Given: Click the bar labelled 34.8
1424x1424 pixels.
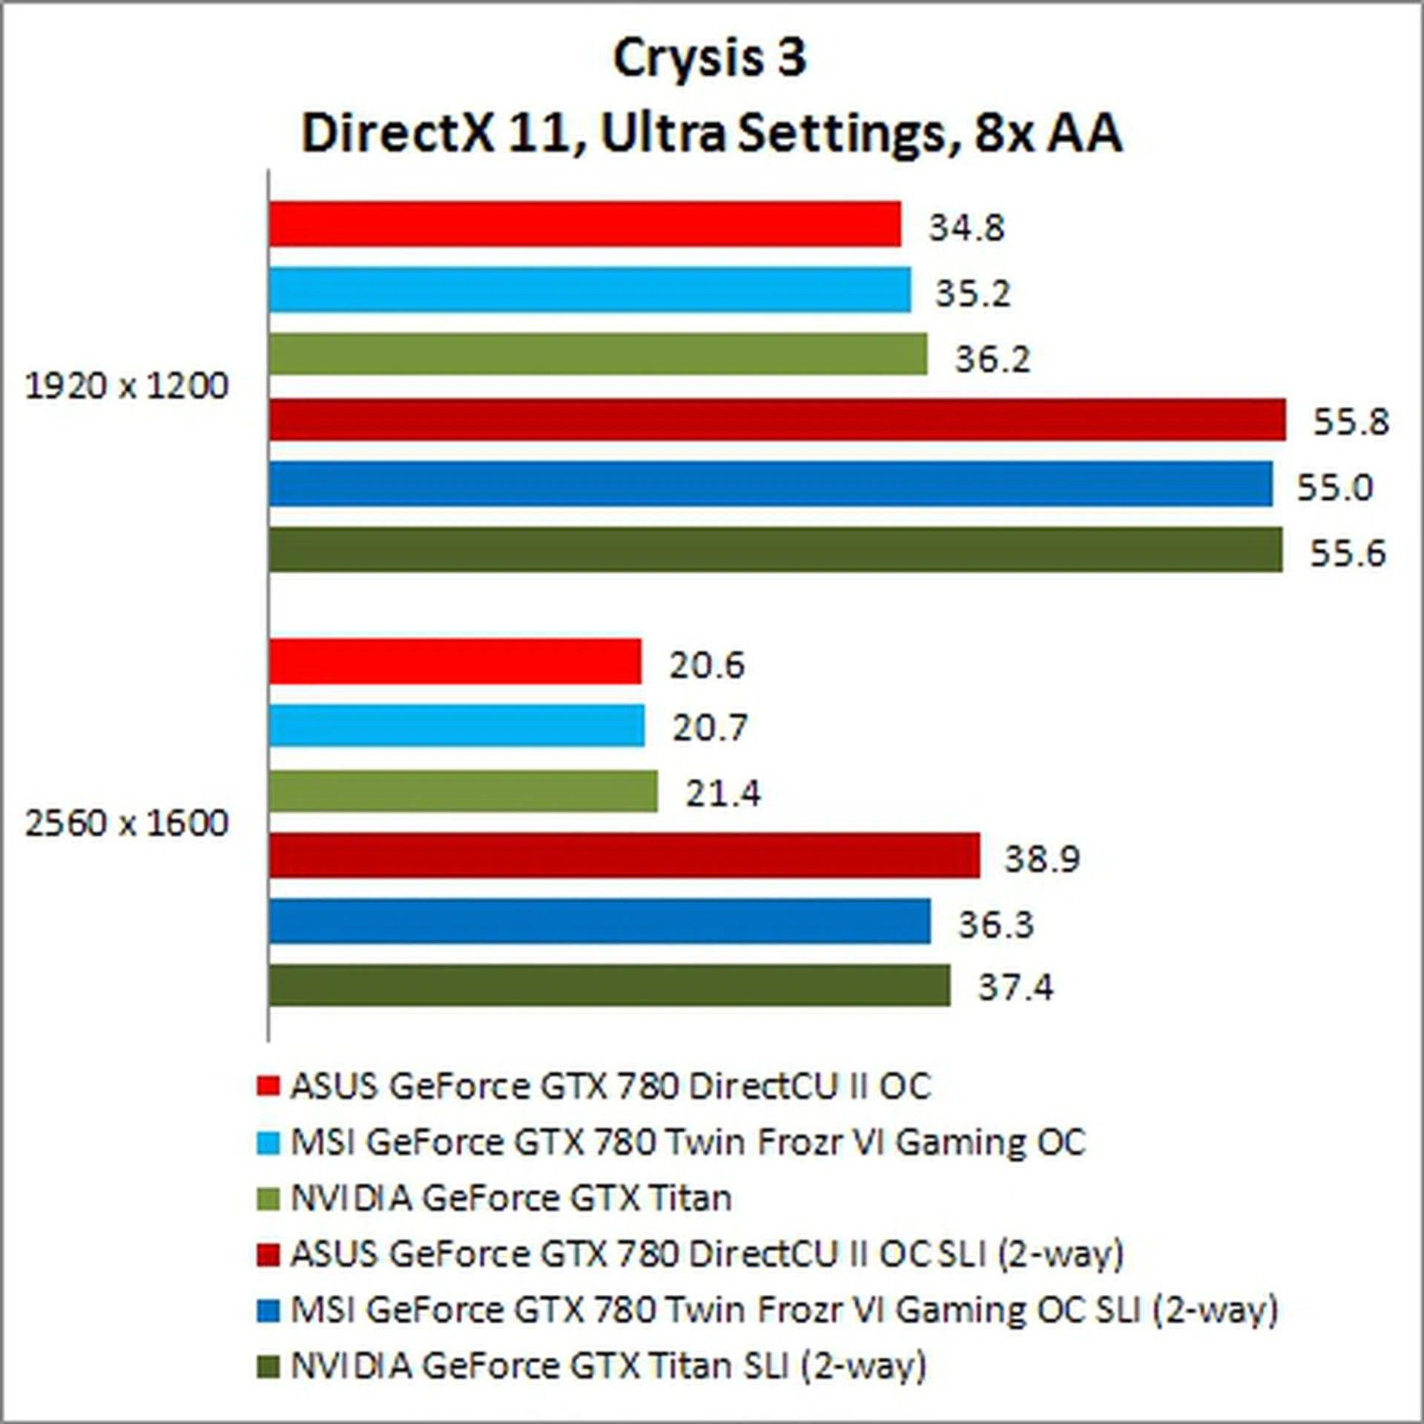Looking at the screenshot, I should click(584, 224).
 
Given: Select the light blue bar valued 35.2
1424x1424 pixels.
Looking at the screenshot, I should click(590, 290).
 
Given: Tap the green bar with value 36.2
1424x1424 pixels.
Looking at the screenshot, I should click(598, 355).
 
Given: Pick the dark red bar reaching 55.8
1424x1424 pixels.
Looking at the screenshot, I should click(777, 420).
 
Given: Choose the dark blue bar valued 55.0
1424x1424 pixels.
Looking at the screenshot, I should click(771, 484).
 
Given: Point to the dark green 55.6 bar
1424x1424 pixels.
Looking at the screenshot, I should click(775, 550).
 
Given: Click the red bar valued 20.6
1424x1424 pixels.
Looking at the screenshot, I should click(455, 662).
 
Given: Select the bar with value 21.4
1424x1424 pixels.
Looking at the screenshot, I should click(463, 791).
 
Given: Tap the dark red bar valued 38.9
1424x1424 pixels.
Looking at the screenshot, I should click(624, 856).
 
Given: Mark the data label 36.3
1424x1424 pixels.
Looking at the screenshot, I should click(995, 925).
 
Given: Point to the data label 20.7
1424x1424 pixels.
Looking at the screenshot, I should click(709, 728).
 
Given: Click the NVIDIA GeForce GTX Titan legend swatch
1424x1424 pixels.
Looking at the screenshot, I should click(268, 1199).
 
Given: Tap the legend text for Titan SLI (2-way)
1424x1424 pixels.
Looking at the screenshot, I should click(608, 1366).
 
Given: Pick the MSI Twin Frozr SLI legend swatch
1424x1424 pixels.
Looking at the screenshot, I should click(268, 1311).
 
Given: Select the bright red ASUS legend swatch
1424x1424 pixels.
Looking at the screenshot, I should click(268, 1087).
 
